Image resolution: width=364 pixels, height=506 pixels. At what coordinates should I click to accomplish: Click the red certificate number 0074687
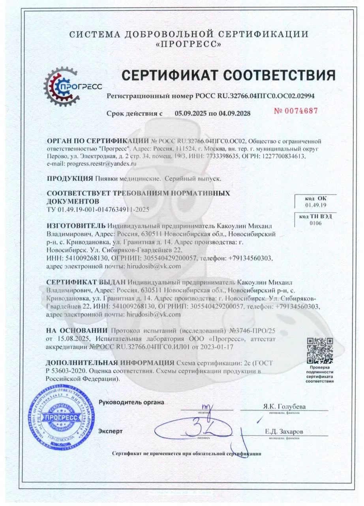(x=296, y=111)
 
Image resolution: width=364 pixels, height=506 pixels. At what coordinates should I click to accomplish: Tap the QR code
(x=320, y=351)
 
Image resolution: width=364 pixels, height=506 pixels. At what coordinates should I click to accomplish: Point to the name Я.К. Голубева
(x=284, y=406)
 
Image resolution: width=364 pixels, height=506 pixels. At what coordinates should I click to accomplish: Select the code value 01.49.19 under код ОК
(x=315, y=205)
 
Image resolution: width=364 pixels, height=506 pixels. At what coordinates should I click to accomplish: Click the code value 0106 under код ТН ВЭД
(x=315, y=223)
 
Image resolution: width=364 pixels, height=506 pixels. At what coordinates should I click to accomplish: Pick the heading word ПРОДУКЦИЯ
(x=70, y=178)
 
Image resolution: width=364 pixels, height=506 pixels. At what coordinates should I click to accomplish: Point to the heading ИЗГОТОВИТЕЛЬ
(x=76, y=226)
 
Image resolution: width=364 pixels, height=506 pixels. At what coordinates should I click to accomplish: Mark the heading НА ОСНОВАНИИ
(x=77, y=330)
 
